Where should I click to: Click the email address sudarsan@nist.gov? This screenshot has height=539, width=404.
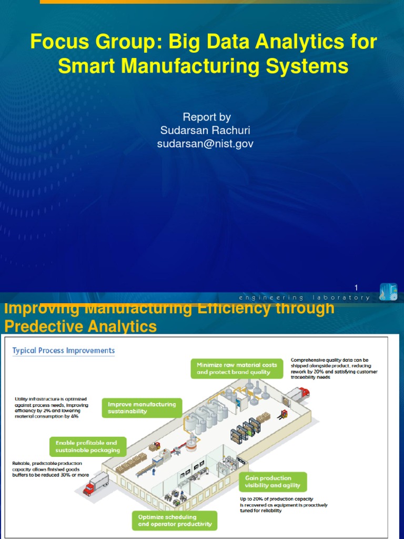[205, 144]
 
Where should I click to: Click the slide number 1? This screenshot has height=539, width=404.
[356, 287]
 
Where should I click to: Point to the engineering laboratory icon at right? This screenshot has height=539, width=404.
[388, 292]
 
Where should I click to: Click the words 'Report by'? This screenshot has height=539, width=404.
[206, 117]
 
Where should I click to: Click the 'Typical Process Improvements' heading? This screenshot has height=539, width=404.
[64, 351]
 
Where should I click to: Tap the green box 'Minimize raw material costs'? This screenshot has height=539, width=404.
[234, 368]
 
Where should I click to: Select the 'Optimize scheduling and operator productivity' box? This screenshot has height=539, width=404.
[175, 520]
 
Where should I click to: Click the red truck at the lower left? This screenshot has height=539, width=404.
[96, 483]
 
